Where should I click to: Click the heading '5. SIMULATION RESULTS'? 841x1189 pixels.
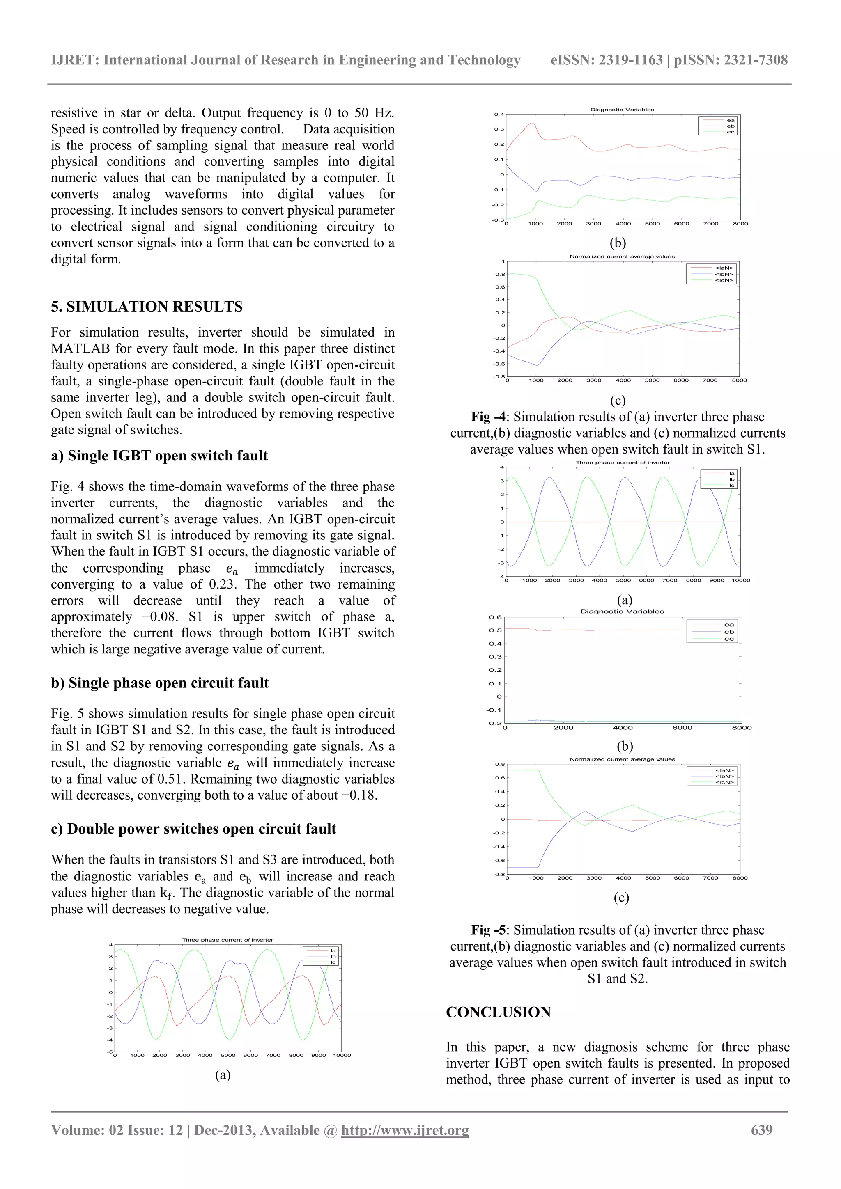[x=147, y=307]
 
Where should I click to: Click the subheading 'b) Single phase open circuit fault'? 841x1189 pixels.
[x=160, y=683]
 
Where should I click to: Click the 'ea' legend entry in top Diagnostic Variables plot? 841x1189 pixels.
[x=731, y=120]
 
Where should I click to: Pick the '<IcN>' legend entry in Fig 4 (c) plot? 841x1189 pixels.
[x=724, y=280]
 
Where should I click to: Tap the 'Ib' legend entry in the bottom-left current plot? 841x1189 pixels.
[x=333, y=956]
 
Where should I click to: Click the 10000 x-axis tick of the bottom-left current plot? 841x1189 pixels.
[x=342, y=1055]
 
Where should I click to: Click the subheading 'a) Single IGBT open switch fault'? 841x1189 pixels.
[x=159, y=456]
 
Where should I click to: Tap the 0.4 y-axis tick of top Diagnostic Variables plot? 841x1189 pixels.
[x=499, y=114]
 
